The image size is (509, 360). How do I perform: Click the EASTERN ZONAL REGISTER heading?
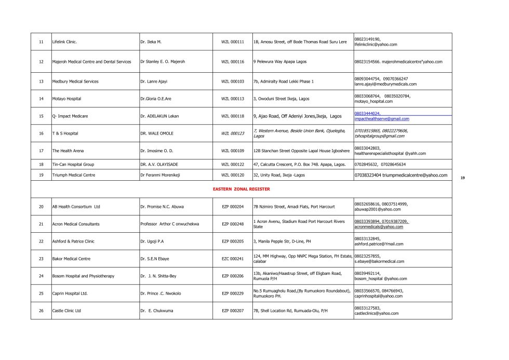[241, 189]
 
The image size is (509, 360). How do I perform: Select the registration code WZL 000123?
[233, 134]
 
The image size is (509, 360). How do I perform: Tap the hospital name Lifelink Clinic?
[64, 42]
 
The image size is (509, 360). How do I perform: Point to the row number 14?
[41, 99]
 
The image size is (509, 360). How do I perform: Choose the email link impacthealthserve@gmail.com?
[381, 119]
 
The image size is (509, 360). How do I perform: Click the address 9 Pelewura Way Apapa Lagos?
[279, 62]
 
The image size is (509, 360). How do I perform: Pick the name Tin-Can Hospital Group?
[73, 164]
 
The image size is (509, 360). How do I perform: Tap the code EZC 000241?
[233, 259]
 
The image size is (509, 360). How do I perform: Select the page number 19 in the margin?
[462, 178]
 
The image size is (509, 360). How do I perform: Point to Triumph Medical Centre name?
[74, 175]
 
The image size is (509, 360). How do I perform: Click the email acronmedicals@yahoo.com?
[379, 227]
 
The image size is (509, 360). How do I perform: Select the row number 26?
[41, 311]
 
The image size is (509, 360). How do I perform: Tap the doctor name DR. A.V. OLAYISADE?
[159, 164]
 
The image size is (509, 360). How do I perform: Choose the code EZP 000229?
[233, 294]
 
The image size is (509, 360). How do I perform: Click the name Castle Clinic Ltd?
[66, 311]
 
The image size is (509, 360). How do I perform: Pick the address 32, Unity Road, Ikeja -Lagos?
[279, 175]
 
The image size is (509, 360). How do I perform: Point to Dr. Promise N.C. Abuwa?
[162, 207]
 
